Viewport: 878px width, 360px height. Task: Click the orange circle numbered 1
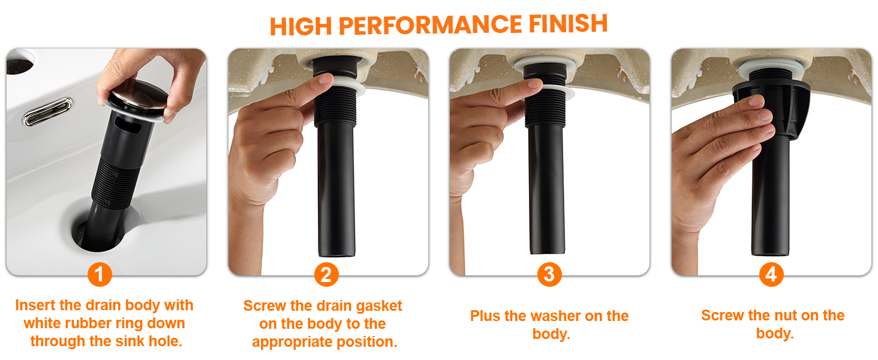tap(100, 274)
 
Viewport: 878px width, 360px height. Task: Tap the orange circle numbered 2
tap(326, 275)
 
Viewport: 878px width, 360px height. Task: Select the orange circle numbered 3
tap(549, 274)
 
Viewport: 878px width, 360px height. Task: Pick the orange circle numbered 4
tap(771, 274)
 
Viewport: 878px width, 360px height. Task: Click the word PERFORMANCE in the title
tap(430, 25)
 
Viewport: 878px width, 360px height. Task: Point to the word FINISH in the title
tap(569, 23)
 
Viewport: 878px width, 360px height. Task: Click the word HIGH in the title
tap(300, 26)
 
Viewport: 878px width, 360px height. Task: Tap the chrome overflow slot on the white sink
tap(47, 112)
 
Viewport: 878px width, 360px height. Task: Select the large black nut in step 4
tap(771, 109)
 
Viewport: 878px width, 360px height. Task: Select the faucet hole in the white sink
tap(20, 62)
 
